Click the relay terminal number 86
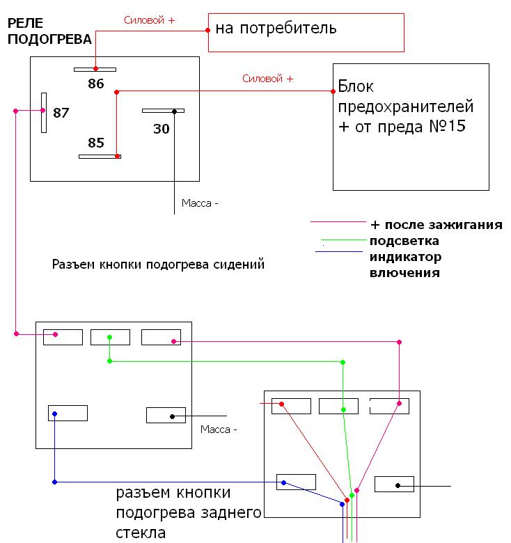click(95, 84)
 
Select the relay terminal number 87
click(61, 113)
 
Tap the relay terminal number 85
click(95, 143)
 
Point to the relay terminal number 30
click(161, 129)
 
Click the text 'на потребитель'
click(276, 29)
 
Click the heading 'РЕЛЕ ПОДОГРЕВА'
click(49, 31)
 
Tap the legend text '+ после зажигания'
click(437, 225)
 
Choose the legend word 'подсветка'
click(404, 241)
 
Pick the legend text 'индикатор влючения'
click(406, 265)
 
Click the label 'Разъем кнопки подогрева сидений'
click(158, 265)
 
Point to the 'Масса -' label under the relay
click(200, 203)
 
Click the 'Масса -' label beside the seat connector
click(219, 429)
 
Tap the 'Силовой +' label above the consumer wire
click(149, 21)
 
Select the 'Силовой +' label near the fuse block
click(267, 79)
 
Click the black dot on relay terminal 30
click(174, 111)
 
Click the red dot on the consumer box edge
click(208, 30)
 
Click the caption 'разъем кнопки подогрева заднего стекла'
click(188, 514)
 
